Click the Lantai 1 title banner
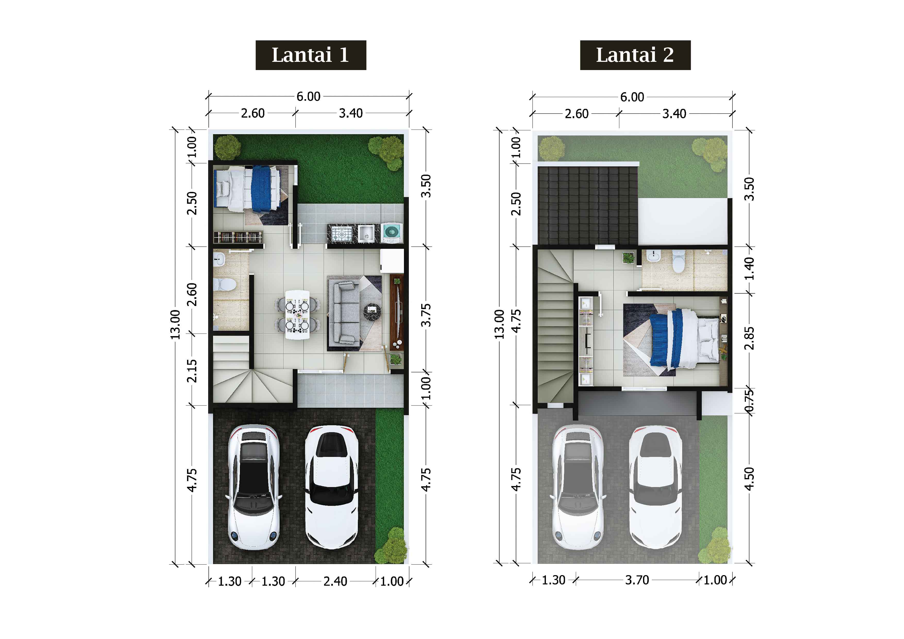[x=311, y=55]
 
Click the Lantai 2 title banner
[x=635, y=55]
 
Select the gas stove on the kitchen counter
[x=342, y=233]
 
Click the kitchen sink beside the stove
[x=366, y=233]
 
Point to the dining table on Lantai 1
[x=297, y=314]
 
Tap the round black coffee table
[x=372, y=313]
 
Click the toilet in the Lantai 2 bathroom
[x=679, y=261]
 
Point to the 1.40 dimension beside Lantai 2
[x=749, y=269]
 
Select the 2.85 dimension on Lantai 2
[x=749, y=338]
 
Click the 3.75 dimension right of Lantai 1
[x=426, y=315]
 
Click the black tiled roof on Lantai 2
[x=587, y=206]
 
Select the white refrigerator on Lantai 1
[x=392, y=261]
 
